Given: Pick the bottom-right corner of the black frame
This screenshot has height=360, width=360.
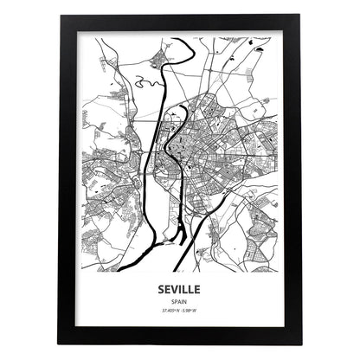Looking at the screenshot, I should [x=300, y=344].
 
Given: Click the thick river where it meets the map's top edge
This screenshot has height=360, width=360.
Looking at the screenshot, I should [x=176, y=38].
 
